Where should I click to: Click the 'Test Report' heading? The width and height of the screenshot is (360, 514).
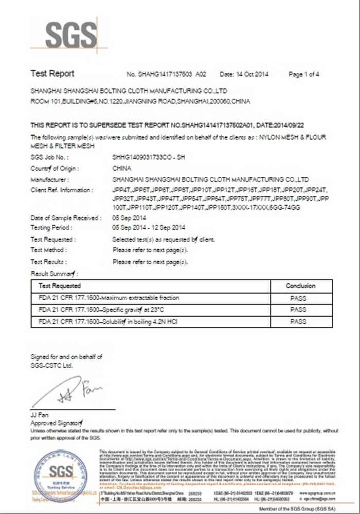pyautogui.click(x=52, y=74)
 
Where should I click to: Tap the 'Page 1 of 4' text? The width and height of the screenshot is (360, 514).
pyautogui.click(x=304, y=74)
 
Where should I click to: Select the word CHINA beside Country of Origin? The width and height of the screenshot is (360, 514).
pyautogui.click(x=121, y=169)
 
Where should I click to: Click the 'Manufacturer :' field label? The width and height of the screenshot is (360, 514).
pyautogui.click(x=49, y=179)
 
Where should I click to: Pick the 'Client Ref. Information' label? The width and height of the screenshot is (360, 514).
pyautogui.click(x=62, y=190)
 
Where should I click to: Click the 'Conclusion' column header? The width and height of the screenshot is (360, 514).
pyautogui.click(x=300, y=285)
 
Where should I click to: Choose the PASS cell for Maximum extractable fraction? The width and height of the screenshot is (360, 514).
pyautogui.click(x=298, y=298)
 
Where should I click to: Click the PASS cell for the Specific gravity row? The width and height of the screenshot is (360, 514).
pyautogui.click(x=298, y=310)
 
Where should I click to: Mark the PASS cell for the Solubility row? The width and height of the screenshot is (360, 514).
pyautogui.click(x=298, y=322)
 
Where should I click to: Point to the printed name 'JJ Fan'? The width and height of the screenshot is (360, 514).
pyautogui.click(x=39, y=414)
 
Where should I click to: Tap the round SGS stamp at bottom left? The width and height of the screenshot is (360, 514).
pyautogui.click(x=60, y=476)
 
